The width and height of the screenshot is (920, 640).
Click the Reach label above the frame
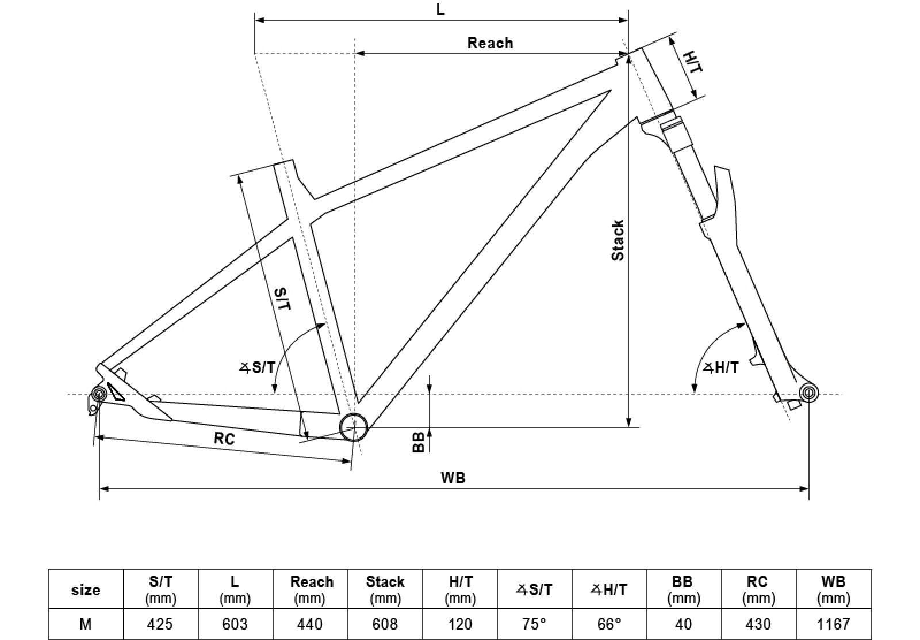tap(490, 43)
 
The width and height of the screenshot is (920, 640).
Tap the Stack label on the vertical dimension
tap(618, 241)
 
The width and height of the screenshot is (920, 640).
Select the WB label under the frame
tap(453, 477)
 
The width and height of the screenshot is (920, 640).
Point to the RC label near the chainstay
tap(224, 439)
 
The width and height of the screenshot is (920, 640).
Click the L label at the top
tap(440, 10)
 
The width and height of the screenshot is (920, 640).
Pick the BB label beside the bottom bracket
tap(419, 441)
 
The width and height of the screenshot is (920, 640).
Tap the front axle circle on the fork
tap(808, 393)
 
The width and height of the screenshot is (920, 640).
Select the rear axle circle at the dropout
tap(98, 394)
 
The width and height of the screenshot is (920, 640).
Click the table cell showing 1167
tap(833, 624)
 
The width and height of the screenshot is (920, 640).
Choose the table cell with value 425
tap(160, 624)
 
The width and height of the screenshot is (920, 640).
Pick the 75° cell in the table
tap(534, 624)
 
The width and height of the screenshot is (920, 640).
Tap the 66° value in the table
tap(609, 624)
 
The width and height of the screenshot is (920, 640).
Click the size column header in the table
tap(86, 590)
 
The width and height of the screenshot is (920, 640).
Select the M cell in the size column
tap(86, 624)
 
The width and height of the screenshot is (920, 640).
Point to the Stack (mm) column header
tap(385, 589)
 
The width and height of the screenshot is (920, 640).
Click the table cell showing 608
tap(385, 624)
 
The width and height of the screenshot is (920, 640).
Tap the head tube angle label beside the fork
tap(720, 367)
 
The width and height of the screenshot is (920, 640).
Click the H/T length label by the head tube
tap(693, 62)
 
